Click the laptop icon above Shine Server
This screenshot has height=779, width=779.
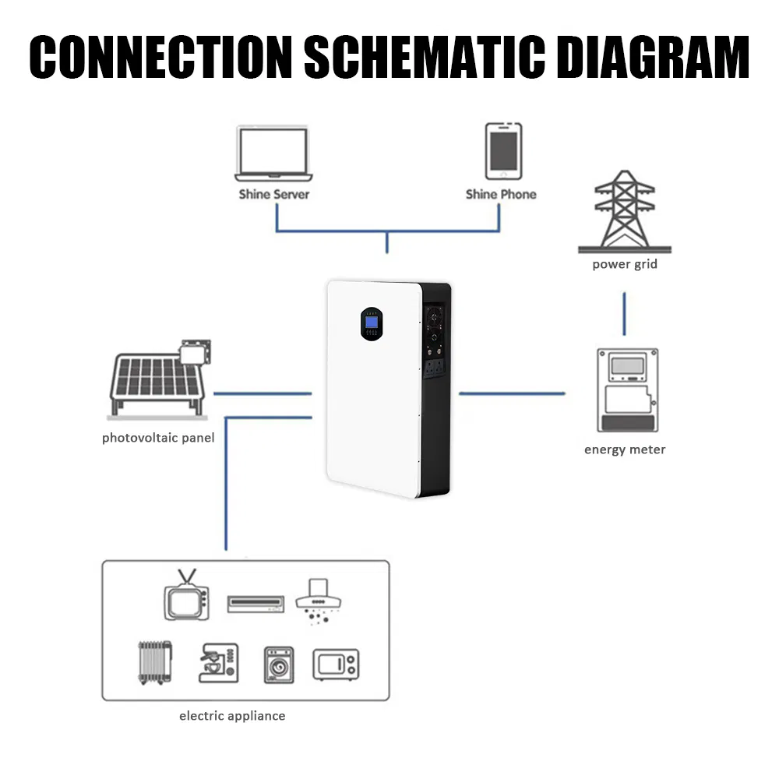tap(273, 155)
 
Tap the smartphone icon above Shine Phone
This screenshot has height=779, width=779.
tap(502, 151)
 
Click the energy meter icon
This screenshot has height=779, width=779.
tap(626, 389)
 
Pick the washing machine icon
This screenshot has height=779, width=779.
tap(278, 664)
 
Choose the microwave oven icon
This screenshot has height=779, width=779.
tap(336, 664)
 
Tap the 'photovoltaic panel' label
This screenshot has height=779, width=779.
tap(158, 438)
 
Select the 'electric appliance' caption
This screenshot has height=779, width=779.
tap(232, 716)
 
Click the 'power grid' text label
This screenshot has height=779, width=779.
tap(625, 264)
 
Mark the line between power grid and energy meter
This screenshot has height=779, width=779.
tap(625, 315)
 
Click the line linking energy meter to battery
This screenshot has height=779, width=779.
tap(512, 393)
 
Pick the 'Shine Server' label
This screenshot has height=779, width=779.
tap(273, 194)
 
